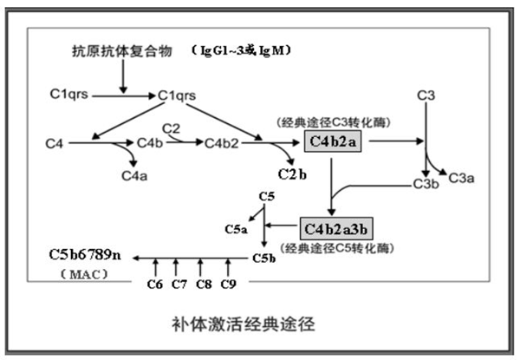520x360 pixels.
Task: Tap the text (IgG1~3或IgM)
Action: tap(240, 50)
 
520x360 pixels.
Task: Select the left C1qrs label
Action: tap(74, 91)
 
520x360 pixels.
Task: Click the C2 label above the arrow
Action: tap(172, 129)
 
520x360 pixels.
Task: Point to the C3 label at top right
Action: tap(425, 93)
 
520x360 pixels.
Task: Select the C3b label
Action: tap(425, 184)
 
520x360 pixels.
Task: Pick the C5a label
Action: tap(237, 229)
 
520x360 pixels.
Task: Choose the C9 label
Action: tap(228, 283)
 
